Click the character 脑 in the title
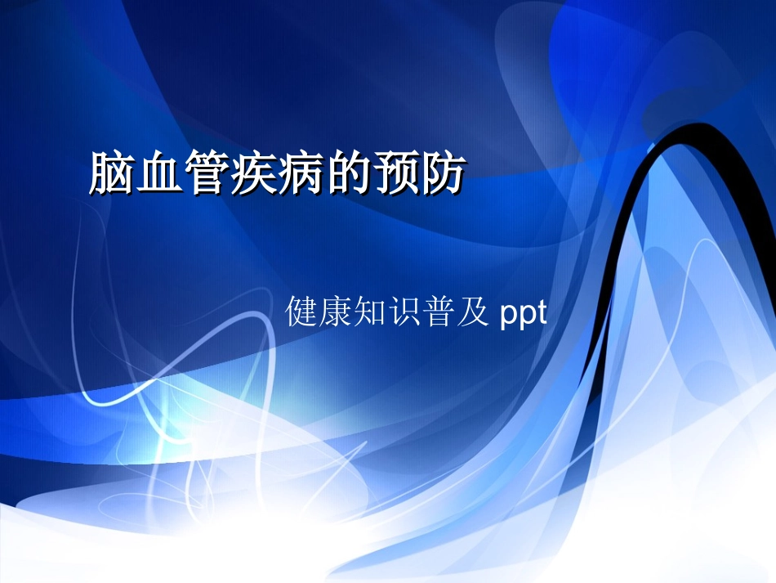tap(113, 173)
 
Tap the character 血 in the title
tap(160, 173)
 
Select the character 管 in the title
tap(207, 173)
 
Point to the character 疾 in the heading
tap(255, 173)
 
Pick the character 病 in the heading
tap(302, 173)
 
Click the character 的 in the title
tap(350, 173)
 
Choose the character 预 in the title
tap(397, 173)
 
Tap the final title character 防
tap(444, 173)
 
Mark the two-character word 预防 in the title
tap(421, 173)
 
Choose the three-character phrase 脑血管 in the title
tap(160, 173)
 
